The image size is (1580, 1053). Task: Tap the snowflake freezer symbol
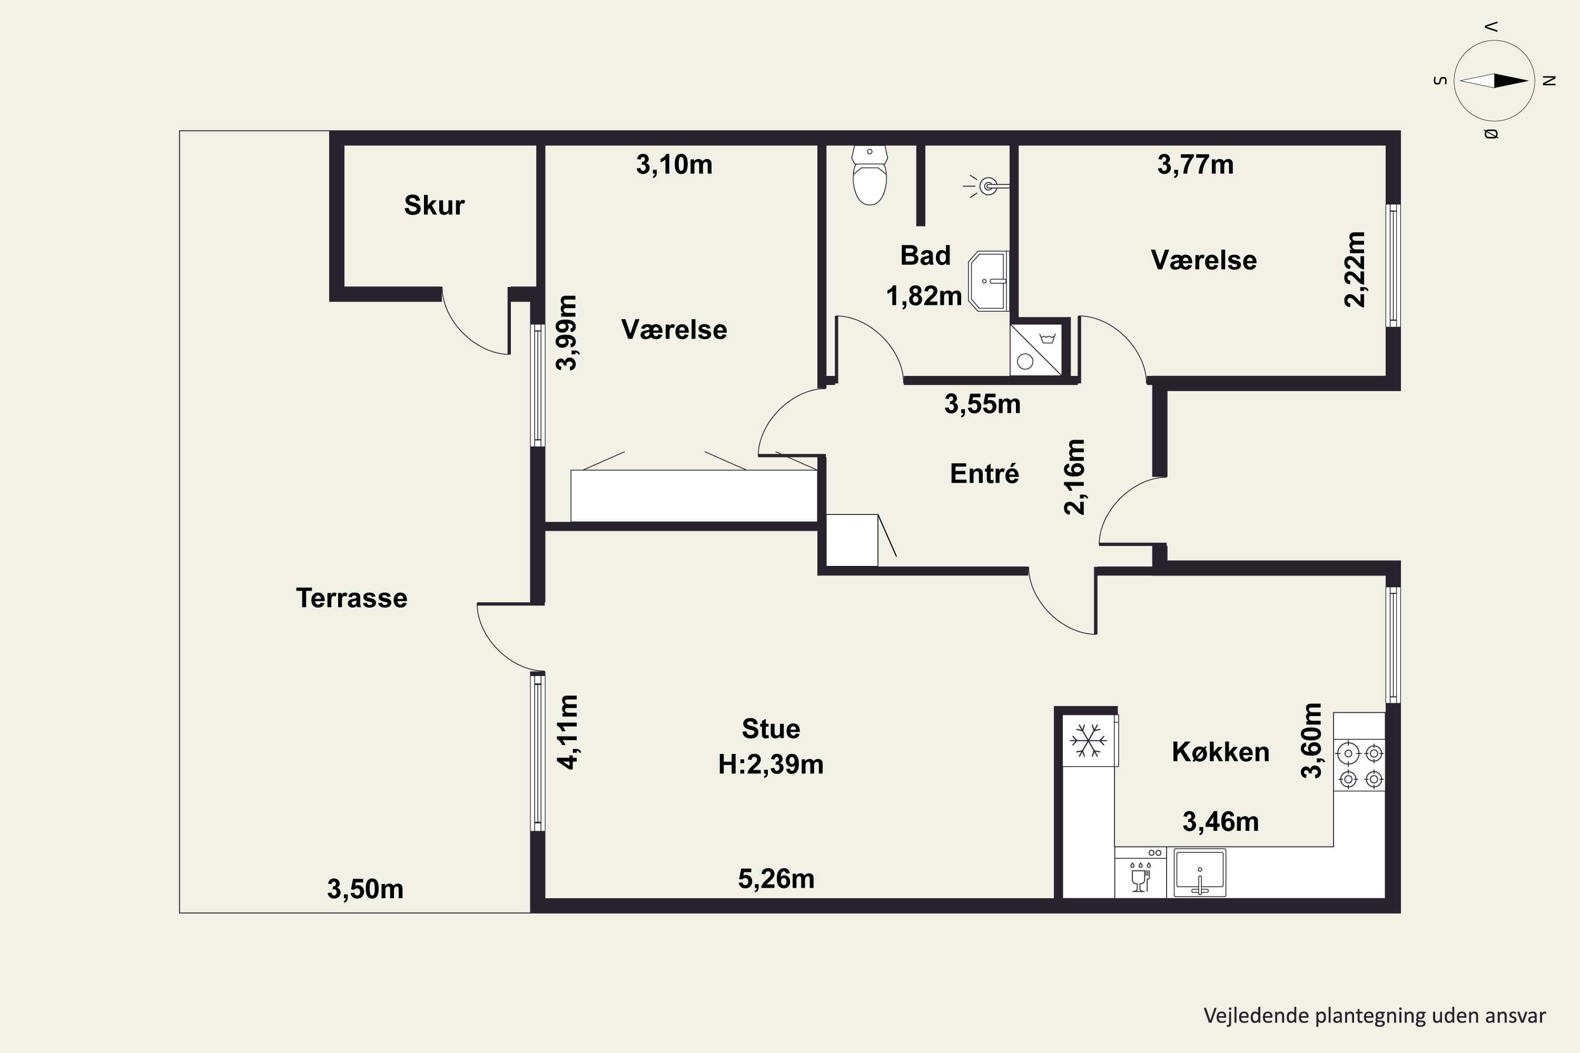coord(1088,740)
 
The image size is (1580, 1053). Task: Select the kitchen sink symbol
coord(1200,872)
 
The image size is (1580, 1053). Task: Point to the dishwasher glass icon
coord(1140,876)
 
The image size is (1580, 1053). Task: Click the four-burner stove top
coord(1360,766)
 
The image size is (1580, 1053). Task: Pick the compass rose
coord(1495,81)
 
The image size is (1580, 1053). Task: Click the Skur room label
coord(434,205)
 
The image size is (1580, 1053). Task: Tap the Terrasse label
coord(351,598)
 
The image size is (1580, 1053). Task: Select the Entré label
coord(984,473)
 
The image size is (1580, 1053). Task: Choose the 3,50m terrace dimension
coord(365,889)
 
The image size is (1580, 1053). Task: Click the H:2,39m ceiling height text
coord(771,764)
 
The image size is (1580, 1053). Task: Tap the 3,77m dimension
coord(1195,164)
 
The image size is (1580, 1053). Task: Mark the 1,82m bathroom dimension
coord(924,295)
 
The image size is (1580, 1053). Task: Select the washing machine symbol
coord(1036,350)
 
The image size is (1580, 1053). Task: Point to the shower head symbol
coord(987,186)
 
